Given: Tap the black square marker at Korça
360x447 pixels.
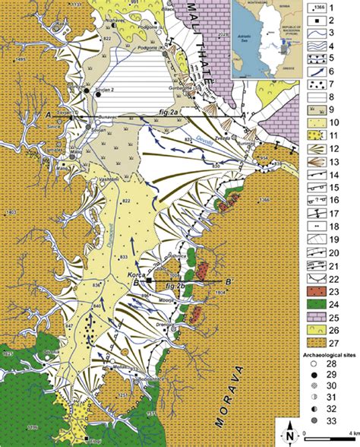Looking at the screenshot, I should click(150, 281).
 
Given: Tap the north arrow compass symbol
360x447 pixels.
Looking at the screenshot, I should click(289, 433).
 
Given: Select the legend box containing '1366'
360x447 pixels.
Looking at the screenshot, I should click(321, 9).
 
